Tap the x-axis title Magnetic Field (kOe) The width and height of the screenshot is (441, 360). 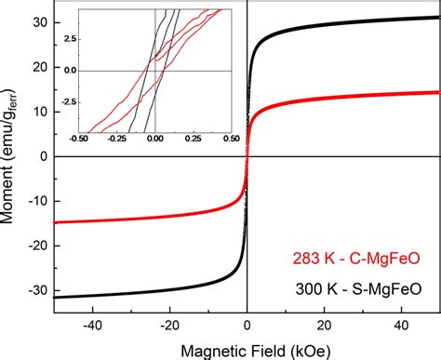(247, 349)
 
